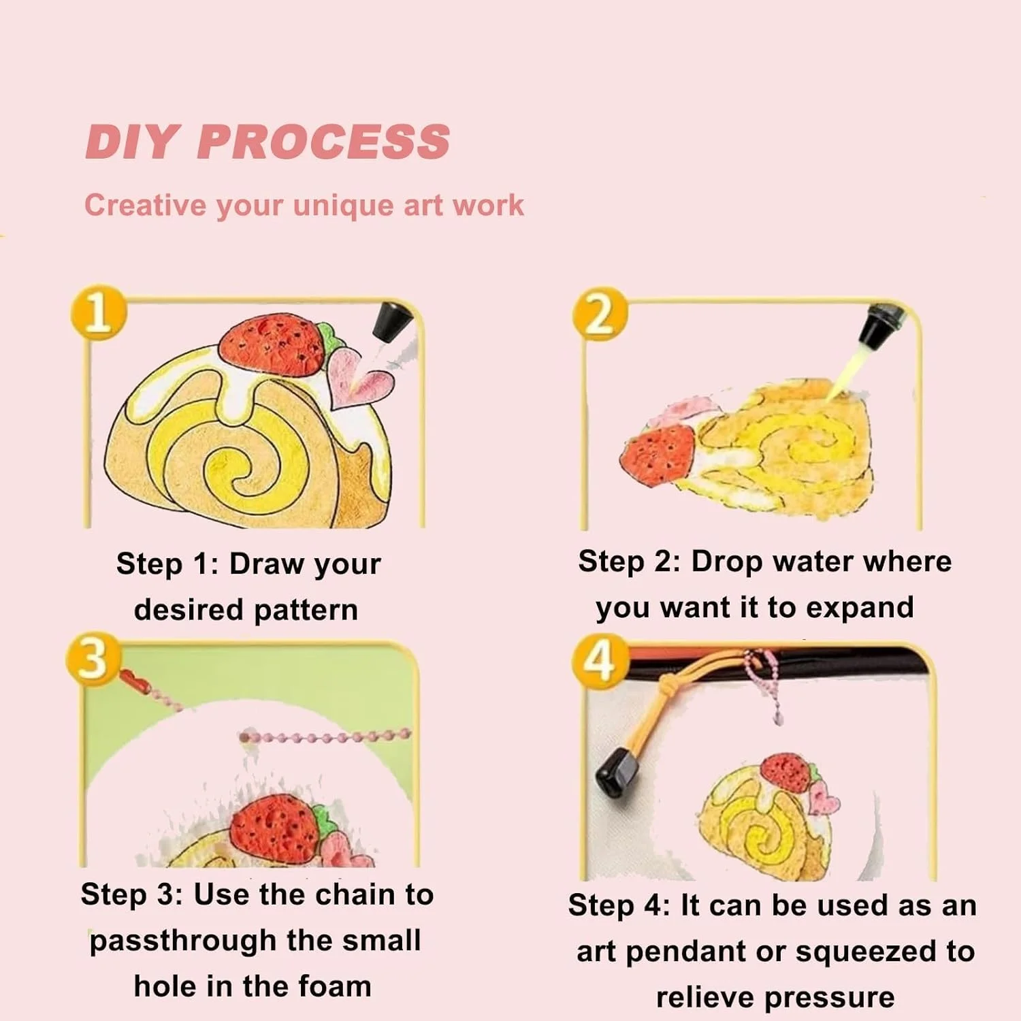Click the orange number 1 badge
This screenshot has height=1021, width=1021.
coord(99,312)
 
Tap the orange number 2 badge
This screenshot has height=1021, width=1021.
coord(600,314)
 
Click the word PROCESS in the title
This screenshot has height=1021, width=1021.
coord(323,142)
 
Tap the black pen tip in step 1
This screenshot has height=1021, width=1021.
coord(392,321)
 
